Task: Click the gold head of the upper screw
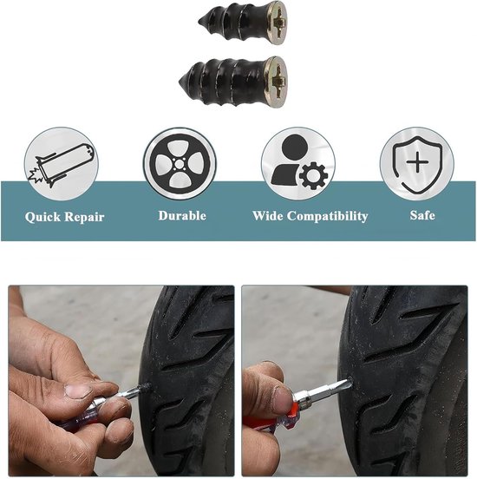click(278, 23)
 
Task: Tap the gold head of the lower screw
click(276, 82)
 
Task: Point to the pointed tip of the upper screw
click(199, 22)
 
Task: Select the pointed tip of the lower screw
click(180, 82)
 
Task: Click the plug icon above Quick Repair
click(62, 164)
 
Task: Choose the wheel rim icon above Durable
click(180, 164)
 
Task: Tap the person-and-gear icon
click(298, 164)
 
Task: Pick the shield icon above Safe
click(417, 164)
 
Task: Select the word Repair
click(85, 217)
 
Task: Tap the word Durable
click(182, 216)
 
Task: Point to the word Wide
click(267, 216)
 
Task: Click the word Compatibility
click(327, 216)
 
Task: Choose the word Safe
click(422, 215)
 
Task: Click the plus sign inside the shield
click(417, 162)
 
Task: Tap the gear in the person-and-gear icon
click(314, 176)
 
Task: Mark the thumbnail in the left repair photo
click(78, 391)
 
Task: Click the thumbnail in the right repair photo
click(281, 400)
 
